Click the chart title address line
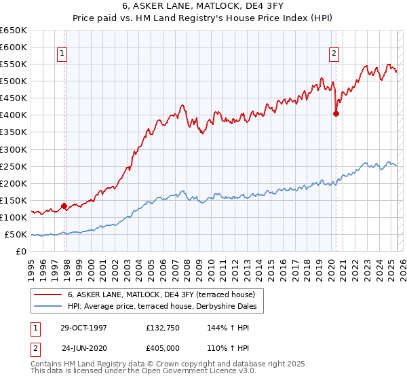point(203,7)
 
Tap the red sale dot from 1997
point(64,206)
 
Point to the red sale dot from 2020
point(336,113)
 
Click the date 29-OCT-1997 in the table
point(83,327)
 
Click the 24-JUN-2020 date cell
point(84,349)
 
